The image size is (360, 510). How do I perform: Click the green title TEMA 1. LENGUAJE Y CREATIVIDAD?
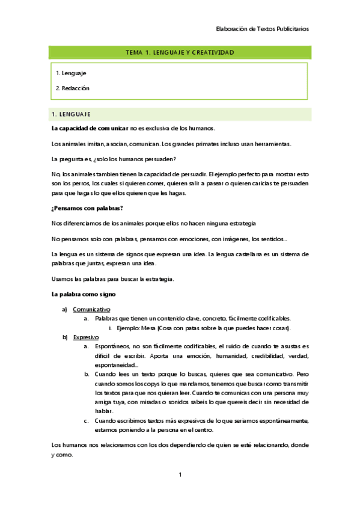[180, 53]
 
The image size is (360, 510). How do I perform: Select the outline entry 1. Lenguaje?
[71, 73]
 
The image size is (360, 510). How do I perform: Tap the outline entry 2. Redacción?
[73, 88]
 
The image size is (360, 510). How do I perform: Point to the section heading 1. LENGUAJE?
[72, 114]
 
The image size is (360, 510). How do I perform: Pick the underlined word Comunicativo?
[91, 309]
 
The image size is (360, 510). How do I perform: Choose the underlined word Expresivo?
[85, 337]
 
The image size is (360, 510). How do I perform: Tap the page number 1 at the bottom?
[180, 475]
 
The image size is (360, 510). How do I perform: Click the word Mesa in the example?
[148, 328]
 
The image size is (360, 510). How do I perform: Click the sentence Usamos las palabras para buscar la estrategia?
[112, 280]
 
